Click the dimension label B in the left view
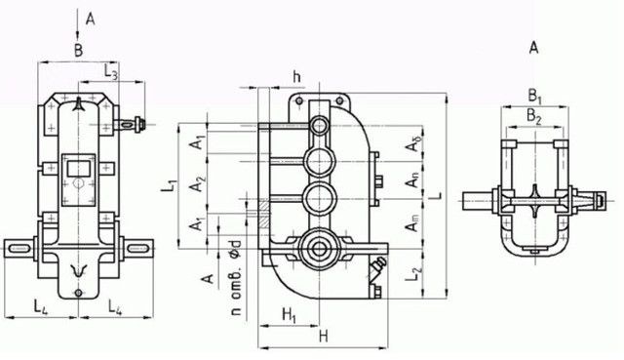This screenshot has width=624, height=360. pyautogui.click(x=79, y=51)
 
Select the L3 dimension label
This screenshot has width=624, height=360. pyautogui.click(x=111, y=71)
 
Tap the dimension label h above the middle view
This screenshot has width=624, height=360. pyautogui.click(x=296, y=77)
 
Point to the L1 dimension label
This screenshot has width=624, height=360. pyautogui.click(x=170, y=187)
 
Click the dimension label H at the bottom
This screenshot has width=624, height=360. pyautogui.click(x=323, y=337)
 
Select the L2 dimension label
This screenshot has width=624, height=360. pyautogui.click(x=414, y=275)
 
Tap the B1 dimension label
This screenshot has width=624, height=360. pyautogui.click(x=535, y=97)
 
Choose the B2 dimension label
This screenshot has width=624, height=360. pyautogui.click(x=534, y=117)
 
